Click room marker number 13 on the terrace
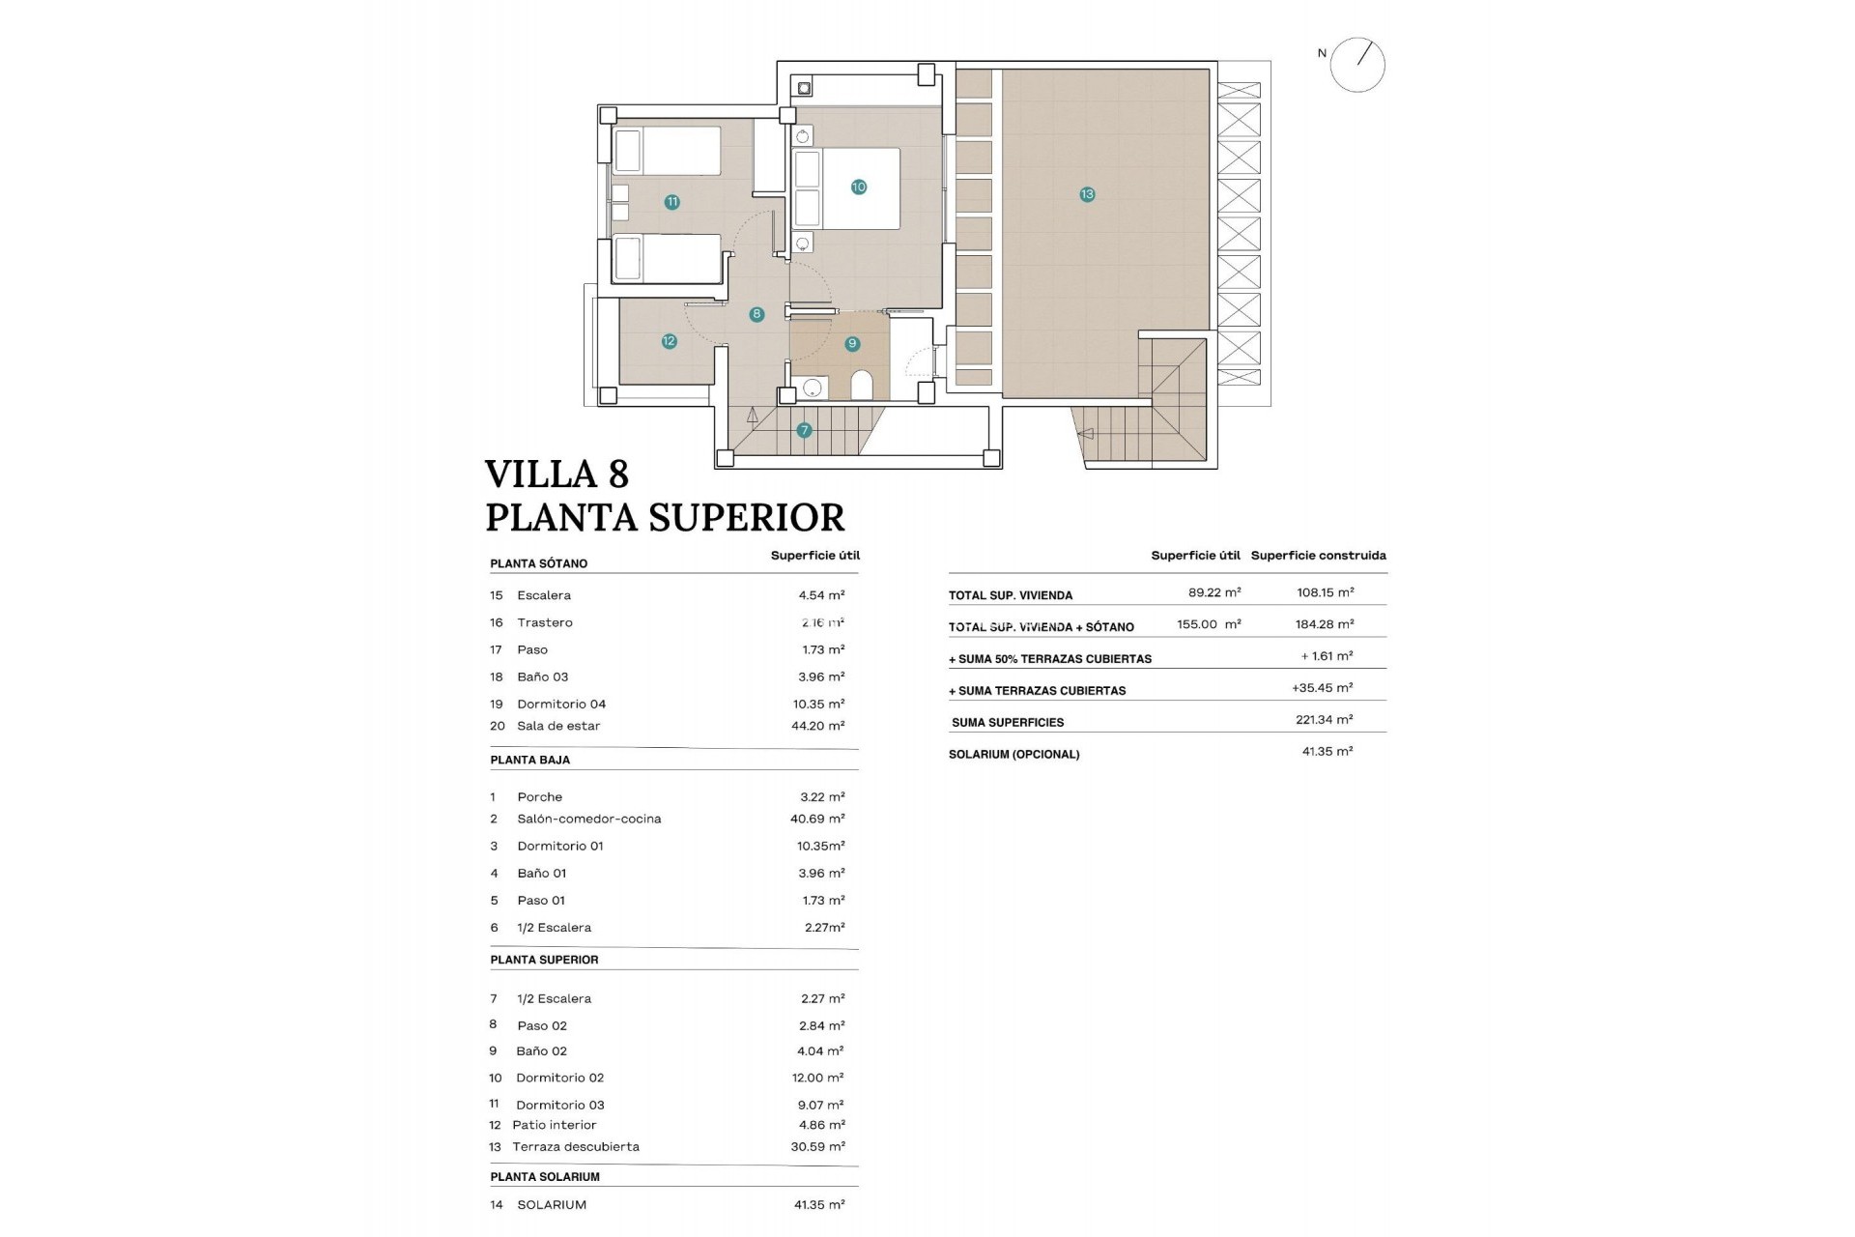click(x=1087, y=194)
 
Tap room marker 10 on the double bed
click(x=858, y=187)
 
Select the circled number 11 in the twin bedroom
click(x=672, y=202)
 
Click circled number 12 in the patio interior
click(x=669, y=341)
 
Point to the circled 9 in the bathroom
click(x=851, y=344)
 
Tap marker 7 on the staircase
click(x=804, y=431)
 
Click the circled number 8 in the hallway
click(x=756, y=314)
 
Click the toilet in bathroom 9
click(x=862, y=387)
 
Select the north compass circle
click(x=1357, y=66)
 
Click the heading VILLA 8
click(x=556, y=475)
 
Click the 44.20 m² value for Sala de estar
click(x=817, y=726)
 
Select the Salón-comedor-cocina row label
click(x=588, y=819)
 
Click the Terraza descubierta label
click(x=576, y=1147)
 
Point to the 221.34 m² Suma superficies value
click(x=1324, y=720)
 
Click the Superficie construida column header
click(x=1318, y=556)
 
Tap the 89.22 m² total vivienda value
click(x=1213, y=592)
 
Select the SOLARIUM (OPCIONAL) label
click(x=1013, y=755)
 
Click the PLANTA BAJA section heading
click(x=529, y=761)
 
